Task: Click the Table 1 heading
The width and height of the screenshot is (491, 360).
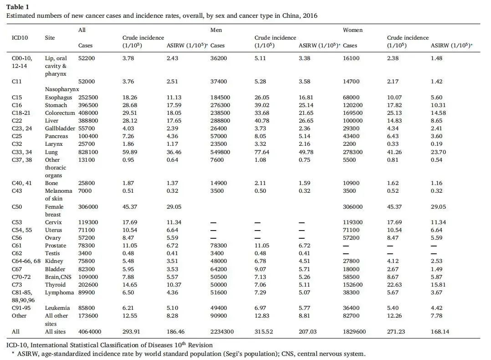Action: coord(17,6)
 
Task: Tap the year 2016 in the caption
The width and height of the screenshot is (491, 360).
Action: coord(310,15)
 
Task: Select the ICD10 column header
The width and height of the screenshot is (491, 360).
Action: coord(20,38)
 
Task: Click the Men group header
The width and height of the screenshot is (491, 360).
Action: coord(216,30)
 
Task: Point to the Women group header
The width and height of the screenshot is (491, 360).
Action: coord(353,30)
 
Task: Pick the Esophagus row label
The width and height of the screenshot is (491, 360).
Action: coord(59,98)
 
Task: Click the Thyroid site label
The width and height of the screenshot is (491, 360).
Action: coord(55,285)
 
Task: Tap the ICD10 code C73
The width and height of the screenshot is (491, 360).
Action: coord(16,285)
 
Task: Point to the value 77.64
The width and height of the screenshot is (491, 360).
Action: coord(261,152)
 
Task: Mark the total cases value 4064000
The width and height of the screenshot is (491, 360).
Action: coord(90,331)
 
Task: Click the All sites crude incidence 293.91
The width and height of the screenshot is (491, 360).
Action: coord(131,331)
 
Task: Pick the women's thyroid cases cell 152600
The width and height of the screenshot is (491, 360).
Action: coord(353,285)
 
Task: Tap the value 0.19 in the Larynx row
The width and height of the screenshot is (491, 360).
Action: coord(436,144)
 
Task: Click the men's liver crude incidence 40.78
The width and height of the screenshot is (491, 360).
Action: coord(261,121)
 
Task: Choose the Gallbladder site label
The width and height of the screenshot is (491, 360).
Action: coord(60,129)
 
